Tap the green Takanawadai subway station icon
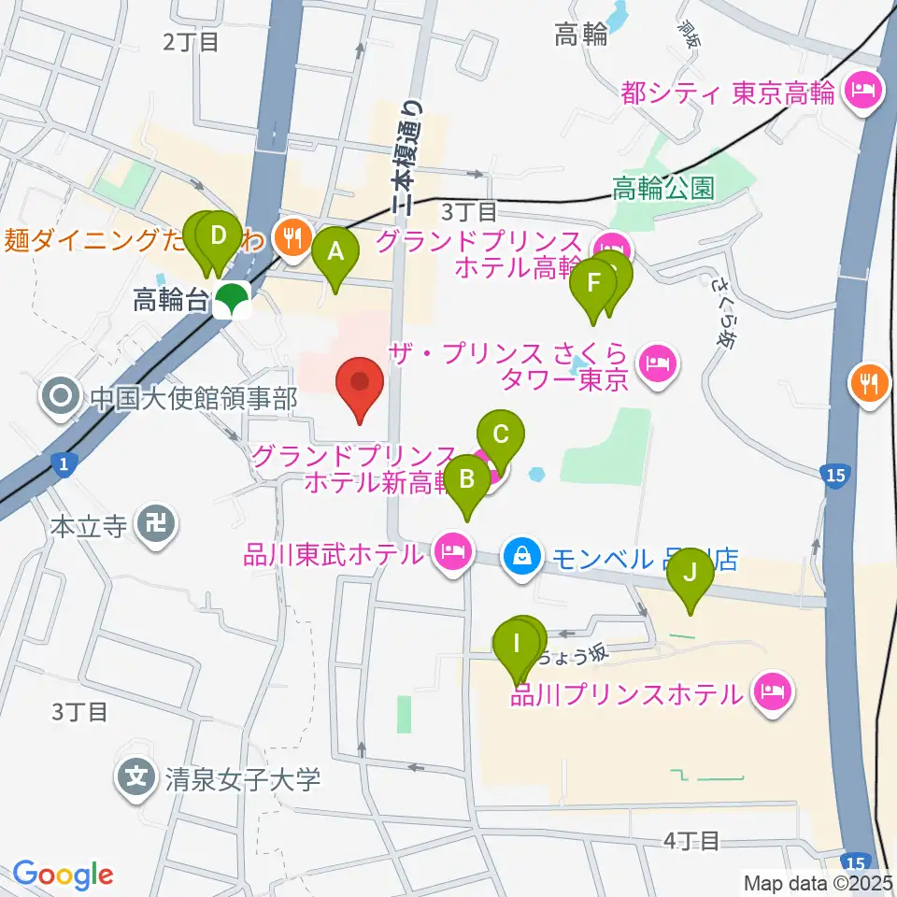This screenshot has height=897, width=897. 231,300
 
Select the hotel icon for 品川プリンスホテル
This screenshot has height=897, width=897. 774,692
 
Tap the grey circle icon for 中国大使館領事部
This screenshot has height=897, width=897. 62,400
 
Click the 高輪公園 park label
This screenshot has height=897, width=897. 663,190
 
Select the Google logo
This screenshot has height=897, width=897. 63,876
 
